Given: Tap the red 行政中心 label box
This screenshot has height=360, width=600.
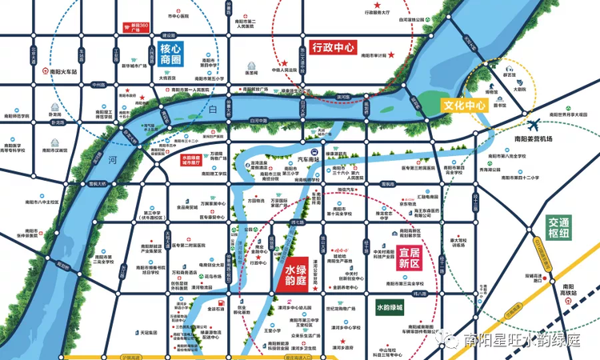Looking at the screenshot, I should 334,47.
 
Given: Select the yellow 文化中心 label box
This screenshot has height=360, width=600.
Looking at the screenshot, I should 465,105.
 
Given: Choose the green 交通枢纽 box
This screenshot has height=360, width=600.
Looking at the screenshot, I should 554,227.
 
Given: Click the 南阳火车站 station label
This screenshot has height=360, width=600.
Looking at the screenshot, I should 64,71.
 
